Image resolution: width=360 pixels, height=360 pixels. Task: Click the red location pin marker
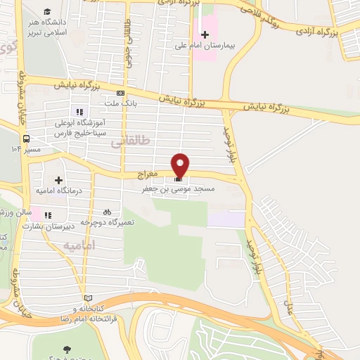tap(181, 164)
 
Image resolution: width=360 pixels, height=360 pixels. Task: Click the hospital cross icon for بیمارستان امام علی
tap(205, 34)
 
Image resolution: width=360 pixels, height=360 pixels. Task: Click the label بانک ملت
tap(120, 103)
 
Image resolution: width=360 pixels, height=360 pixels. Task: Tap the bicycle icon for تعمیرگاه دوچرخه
tap(107, 211)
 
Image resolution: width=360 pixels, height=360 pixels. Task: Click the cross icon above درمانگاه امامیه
tap(58, 161)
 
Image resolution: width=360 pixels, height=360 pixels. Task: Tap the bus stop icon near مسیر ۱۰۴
tap(26, 139)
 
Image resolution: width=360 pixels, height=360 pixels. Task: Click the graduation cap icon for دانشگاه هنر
tap(46, 12)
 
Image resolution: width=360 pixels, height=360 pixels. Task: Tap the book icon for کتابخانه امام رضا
tap(88, 298)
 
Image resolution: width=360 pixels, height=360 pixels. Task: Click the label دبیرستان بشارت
tap(49, 226)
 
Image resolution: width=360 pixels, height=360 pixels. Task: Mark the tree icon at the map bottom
tap(67, 348)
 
